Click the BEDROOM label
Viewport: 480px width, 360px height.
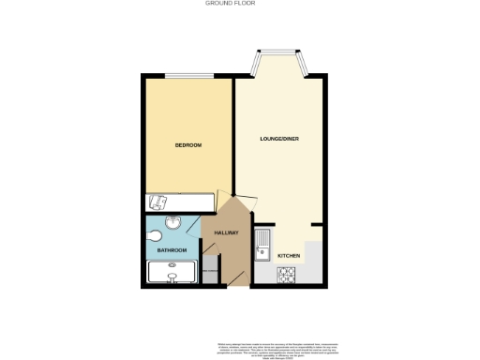click(188, 145)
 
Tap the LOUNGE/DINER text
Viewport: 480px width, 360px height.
click(278, 140)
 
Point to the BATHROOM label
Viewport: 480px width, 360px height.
click(172, 250)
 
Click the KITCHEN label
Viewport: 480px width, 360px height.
click(289, 255)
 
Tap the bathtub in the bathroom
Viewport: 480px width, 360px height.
click(173, 273)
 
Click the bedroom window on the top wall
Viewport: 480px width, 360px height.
click(187, 76)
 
